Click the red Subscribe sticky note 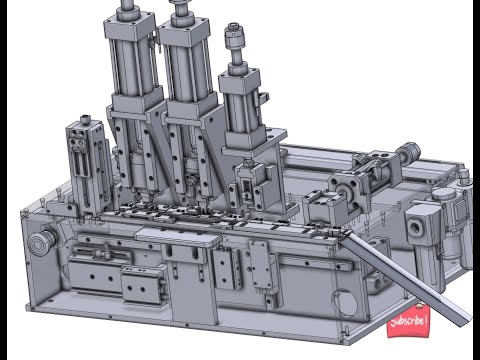(x=407, y=321)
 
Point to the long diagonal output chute (x=405, y=277)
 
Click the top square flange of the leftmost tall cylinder (x=129, y=26)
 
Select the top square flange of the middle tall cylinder (x=185, y=32)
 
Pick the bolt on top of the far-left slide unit (x=86, y=119)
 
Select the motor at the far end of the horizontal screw (x=409, y=153)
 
